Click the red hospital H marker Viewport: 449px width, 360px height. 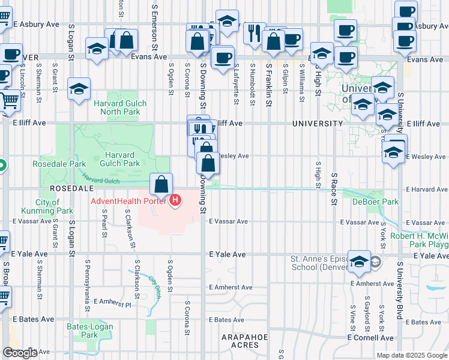175,200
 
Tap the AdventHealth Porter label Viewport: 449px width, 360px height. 130,200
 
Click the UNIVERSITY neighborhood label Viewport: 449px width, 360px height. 318,123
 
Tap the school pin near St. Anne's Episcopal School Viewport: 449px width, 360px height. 359,261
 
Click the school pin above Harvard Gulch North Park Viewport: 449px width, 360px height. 79,89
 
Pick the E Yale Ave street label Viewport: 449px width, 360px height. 228,254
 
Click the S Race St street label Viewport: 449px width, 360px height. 334,188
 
